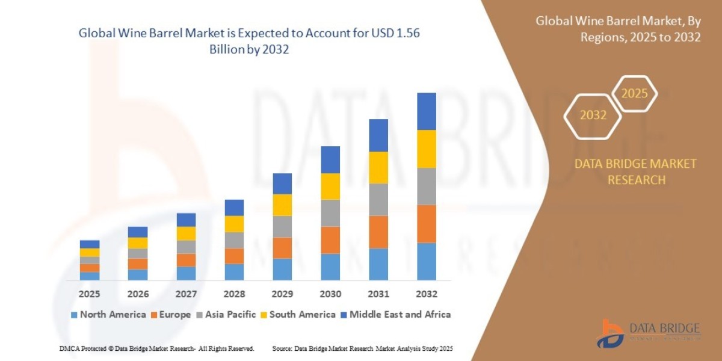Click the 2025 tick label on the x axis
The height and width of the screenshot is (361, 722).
[90, 294]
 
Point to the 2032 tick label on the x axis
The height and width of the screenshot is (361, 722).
[426, 294]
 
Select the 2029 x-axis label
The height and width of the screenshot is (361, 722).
[282, 294]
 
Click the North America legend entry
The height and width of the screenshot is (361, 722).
[108, 314]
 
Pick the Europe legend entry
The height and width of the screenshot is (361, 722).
[171, 314]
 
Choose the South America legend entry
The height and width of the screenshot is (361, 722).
[298, 314]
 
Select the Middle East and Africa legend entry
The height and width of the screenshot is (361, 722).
[395, 314]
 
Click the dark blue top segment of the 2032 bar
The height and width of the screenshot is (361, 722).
[426, 111]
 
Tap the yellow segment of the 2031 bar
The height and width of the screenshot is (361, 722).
[378, 167]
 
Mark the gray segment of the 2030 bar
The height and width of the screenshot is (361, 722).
[330, 213]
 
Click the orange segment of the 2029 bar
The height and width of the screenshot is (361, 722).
[282, 248]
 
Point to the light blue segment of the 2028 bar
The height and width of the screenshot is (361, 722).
[234, 272]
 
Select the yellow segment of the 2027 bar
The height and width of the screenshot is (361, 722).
[186, 233]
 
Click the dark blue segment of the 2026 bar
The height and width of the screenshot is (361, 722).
[138, 232]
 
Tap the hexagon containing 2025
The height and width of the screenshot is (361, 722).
[634, 93]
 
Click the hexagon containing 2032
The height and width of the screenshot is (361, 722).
[593, 115]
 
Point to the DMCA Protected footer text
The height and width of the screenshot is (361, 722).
[156, 348]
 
